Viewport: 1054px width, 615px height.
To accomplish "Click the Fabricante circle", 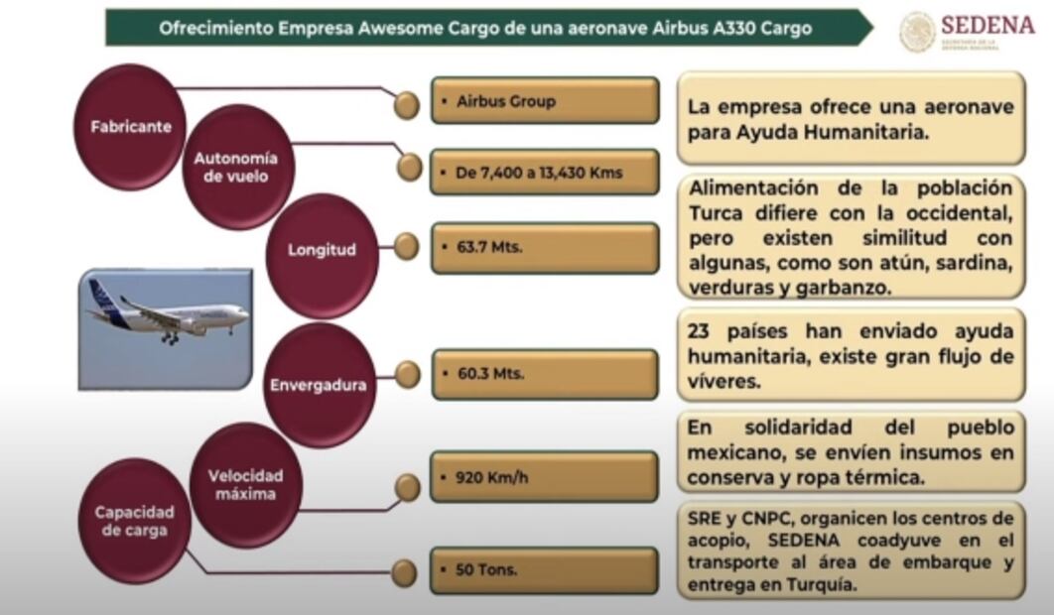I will [x=130, y=127].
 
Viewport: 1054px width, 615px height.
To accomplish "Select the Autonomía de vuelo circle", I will [x=235, y=168].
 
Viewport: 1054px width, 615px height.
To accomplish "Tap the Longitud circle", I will [x=321, y=250].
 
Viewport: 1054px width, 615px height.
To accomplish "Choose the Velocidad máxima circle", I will [x=245, y=484].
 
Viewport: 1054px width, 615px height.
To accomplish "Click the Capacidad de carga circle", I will [x=134, y=521].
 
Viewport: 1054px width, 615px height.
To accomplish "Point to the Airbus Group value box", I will [x=545, y=100].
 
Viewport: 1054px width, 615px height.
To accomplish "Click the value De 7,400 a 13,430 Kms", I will [x=545, y=173].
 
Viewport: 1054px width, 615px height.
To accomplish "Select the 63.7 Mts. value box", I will [x=545, y=248].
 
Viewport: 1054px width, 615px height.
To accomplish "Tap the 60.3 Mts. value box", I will [x=545, y=374].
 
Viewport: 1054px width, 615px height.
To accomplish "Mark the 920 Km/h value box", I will [x=545, y=477].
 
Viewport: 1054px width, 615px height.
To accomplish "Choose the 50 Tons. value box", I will [x=545, y=570].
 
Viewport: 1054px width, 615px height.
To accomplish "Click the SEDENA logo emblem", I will [x=917, y=31].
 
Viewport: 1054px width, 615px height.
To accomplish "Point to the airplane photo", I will [x=165, y=328].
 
